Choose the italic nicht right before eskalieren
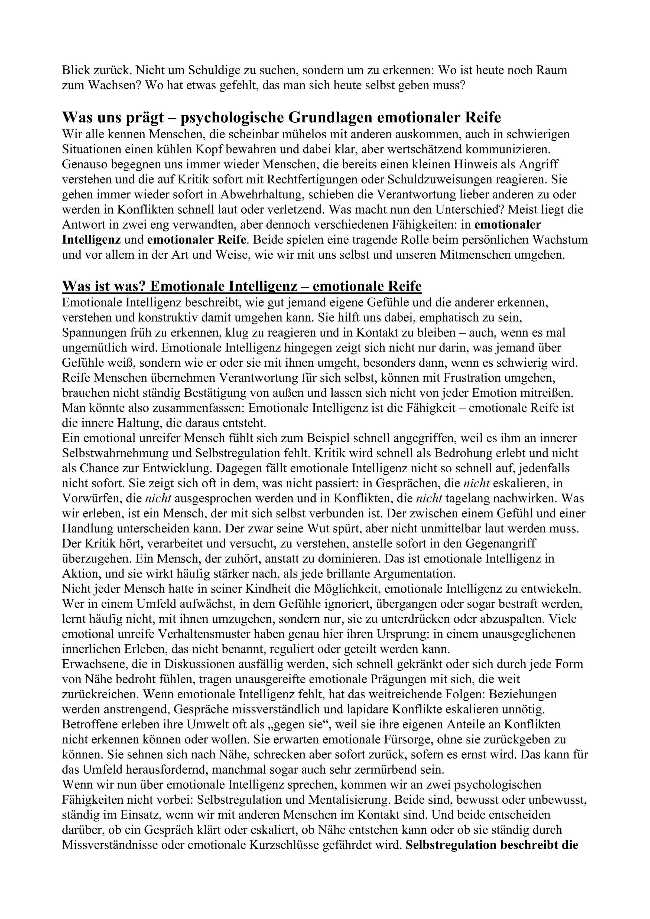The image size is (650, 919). pos(476,484)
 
